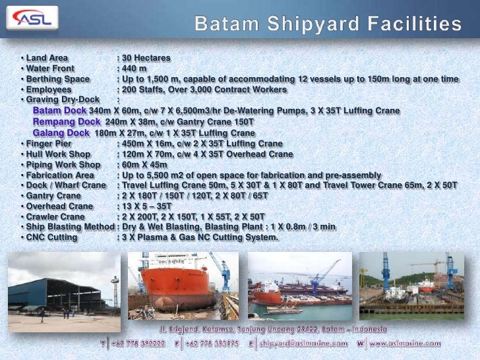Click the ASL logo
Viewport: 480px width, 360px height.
point(31,19)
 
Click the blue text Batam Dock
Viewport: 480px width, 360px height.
point(60,111)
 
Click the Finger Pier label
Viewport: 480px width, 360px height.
point(47,143)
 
